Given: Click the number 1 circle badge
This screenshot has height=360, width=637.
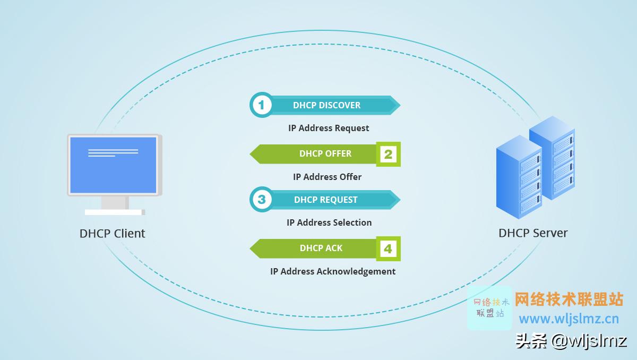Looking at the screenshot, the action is tap(261, 105).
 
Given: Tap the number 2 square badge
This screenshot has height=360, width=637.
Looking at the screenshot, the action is tap(388, 154).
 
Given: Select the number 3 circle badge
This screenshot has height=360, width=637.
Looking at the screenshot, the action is tap(261, 200).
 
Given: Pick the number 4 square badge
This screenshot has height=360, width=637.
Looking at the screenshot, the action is tap(388, 248).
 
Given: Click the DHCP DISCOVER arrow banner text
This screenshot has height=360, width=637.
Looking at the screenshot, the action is tap(326, 105).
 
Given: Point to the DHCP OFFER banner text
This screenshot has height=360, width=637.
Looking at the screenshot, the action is tap(325, 153).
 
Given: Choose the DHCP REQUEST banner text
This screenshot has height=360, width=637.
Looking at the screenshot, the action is tap(326, 200).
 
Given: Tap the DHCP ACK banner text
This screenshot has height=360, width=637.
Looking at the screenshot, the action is tap(321, 248).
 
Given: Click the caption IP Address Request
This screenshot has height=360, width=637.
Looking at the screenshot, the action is tap(329, 128).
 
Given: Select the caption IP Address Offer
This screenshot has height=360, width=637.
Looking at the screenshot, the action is tap(327, 177).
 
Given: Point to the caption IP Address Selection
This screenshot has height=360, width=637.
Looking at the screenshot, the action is tap(329, 222).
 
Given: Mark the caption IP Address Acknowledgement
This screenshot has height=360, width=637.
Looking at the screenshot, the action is tap(333, 271).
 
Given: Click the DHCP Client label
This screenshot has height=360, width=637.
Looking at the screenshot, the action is tap(112, 233).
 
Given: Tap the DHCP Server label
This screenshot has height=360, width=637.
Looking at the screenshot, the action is tap(533, 233).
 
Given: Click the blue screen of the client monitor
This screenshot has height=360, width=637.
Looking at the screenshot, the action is tap(113, 165).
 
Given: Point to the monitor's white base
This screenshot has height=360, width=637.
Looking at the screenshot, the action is tap(114, 212).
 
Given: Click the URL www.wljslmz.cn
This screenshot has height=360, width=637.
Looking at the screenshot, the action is tap(569, 319).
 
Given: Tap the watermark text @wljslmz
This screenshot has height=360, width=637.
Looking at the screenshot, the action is tap(589, 341).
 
